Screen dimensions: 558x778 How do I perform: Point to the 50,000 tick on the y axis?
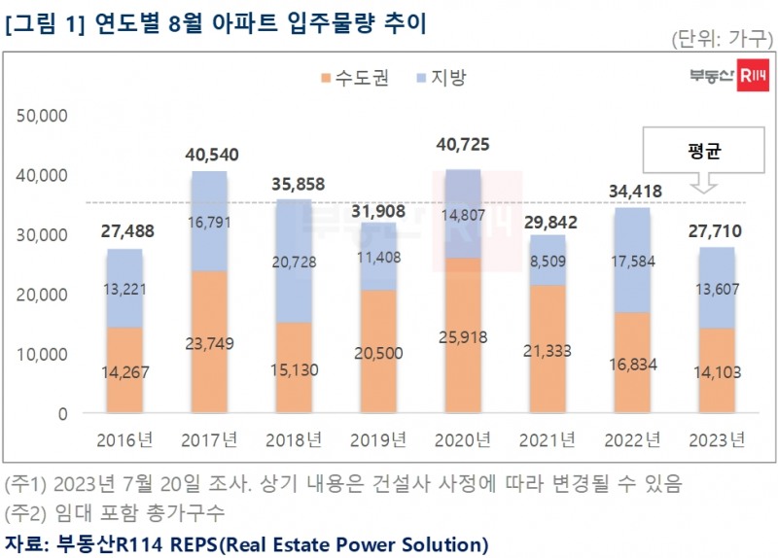click(42, 116)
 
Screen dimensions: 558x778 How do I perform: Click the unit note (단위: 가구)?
click(721, 39)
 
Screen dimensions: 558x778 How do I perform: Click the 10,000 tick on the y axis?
click(42, 354)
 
